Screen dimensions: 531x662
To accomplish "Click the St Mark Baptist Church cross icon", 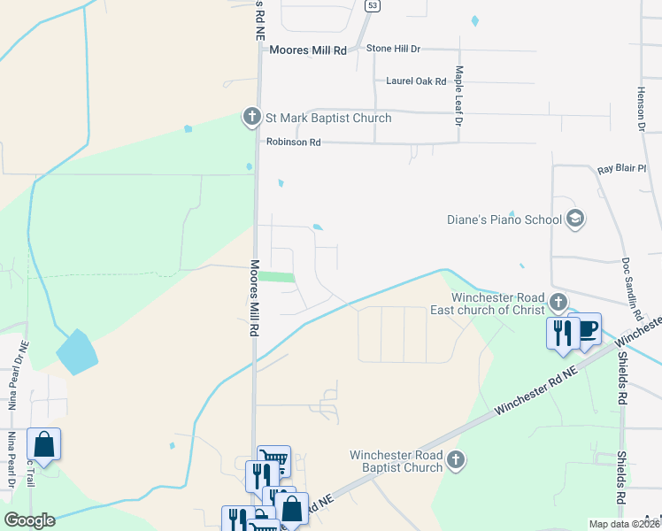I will [251, 116].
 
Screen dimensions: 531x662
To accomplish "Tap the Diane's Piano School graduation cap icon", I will [574, 219].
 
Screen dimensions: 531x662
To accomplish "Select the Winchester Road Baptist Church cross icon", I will [455, 460].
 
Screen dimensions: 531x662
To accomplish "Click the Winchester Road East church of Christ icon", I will [558, 301].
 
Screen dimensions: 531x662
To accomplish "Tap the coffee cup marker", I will [588, 329].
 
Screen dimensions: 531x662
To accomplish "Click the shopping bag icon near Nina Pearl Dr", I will [43, 444].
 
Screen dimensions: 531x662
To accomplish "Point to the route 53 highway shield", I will [372, 5].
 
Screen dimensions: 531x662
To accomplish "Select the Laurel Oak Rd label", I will [416, 81].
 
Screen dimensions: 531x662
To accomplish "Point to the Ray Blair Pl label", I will [622, 168].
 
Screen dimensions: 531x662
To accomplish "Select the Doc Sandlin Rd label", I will [630, 289].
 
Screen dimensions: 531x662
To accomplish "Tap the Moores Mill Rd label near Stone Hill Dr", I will [309, 50].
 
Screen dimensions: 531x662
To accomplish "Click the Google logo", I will [29, 520].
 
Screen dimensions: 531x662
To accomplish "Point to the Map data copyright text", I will [625, 524].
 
